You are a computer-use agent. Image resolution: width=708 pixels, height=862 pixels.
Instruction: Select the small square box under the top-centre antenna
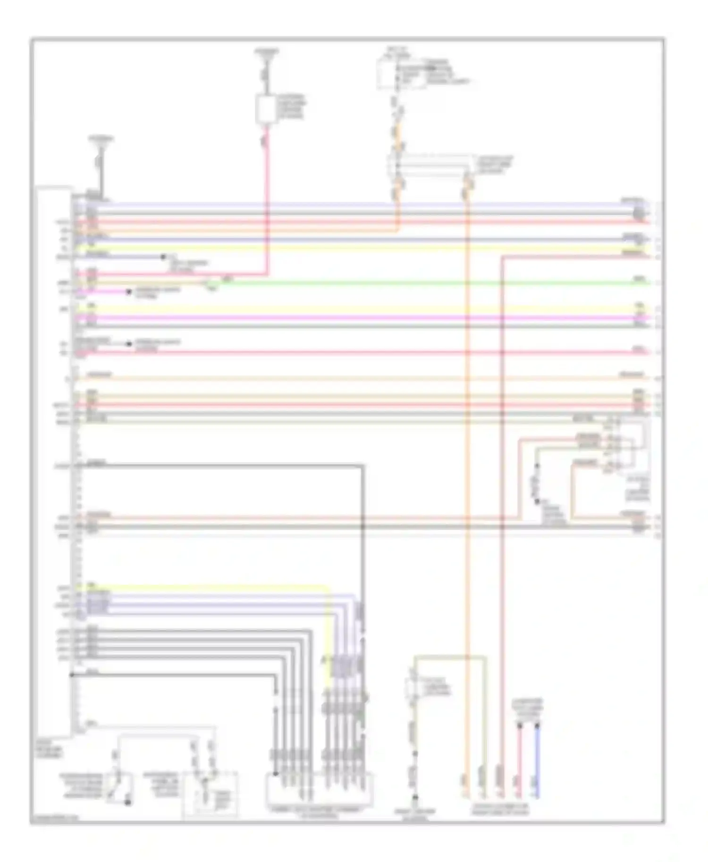tap(267, 109)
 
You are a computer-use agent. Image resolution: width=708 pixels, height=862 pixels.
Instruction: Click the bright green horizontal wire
tap(425, 283)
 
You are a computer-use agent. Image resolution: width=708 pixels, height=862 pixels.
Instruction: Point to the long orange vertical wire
tap(468, 472)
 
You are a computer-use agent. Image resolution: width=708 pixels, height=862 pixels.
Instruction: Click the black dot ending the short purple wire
tap(163, 257)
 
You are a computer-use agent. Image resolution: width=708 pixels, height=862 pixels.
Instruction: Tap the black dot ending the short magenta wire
tap(128, 292)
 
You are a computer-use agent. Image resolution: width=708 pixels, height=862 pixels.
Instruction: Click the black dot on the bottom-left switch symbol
tap(127, 802)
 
